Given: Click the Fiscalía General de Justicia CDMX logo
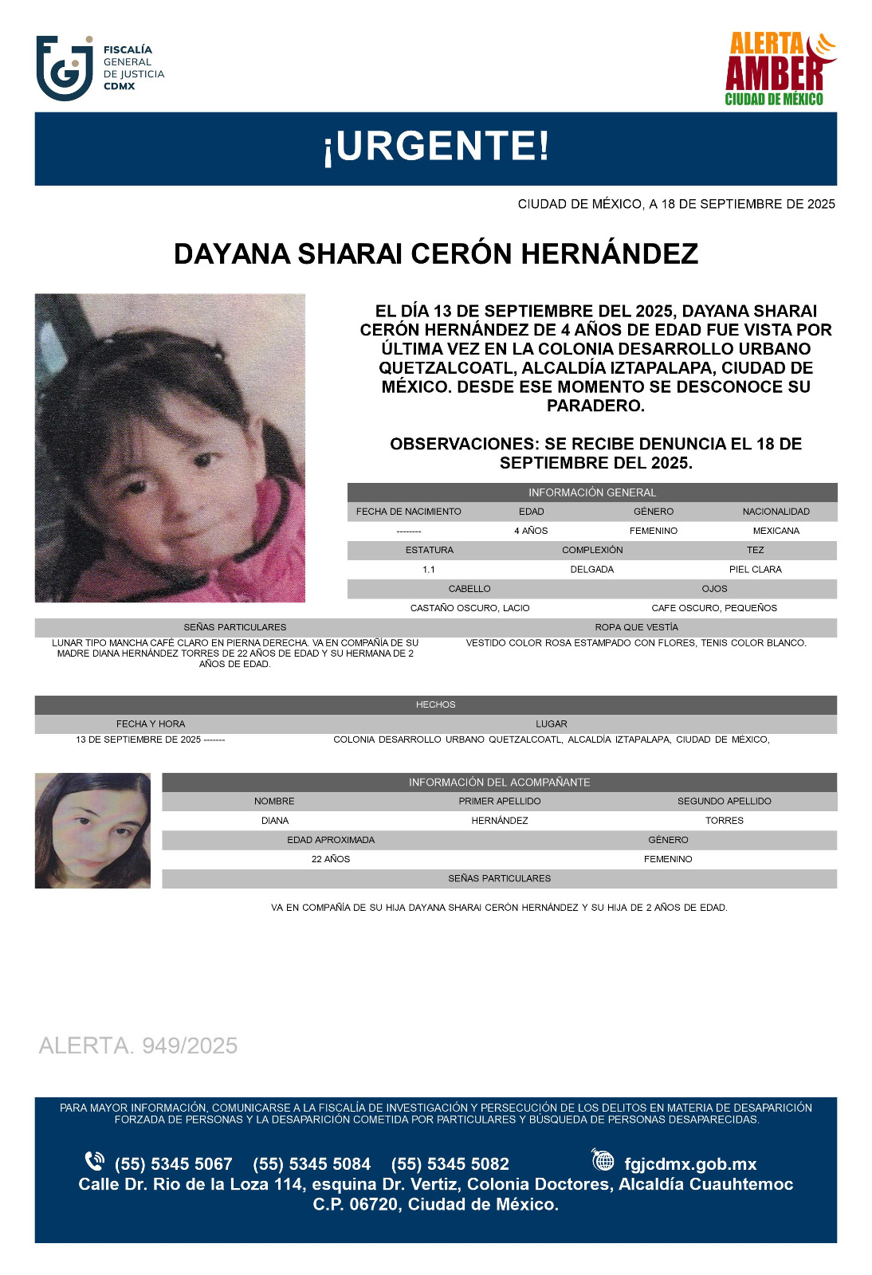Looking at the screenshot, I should click(100, 68).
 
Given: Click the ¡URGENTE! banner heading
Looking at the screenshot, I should click(436, 147).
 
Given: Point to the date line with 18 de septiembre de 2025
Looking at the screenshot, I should click(676, 204).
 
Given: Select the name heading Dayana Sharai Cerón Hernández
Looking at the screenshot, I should click(436, 254).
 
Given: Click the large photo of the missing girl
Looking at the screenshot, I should click(170, 448).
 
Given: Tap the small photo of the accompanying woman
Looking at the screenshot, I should click(92, 830).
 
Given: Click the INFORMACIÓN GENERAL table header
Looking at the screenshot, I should click(591, 492).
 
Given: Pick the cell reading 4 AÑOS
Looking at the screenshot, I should click(531, 531).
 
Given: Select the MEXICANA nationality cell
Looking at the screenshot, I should click(776, 531).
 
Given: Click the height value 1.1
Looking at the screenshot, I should click(429, 570).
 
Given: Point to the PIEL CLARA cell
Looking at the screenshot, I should click(755, 570).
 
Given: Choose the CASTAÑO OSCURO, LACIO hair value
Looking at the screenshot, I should click(469, 608).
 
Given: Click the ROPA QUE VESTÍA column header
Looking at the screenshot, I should click(636, 627).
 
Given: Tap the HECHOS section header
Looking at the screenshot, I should click(435, 704).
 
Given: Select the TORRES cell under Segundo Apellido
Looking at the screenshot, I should click(724, 821).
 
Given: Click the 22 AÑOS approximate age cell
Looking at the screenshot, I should click(331, 859).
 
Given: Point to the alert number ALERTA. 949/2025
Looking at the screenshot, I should click(138, 1045).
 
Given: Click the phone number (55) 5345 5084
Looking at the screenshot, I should click(312, 1164).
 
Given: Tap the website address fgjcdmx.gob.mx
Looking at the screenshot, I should click(690, 1164).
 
